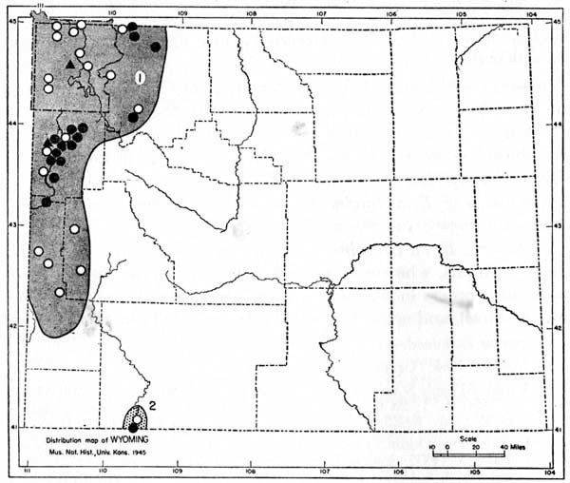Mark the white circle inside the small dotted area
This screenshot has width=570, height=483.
(137, 419)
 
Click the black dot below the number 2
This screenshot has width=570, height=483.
(132, 426)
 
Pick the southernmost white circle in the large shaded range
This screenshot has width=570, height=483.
(59, 292)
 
